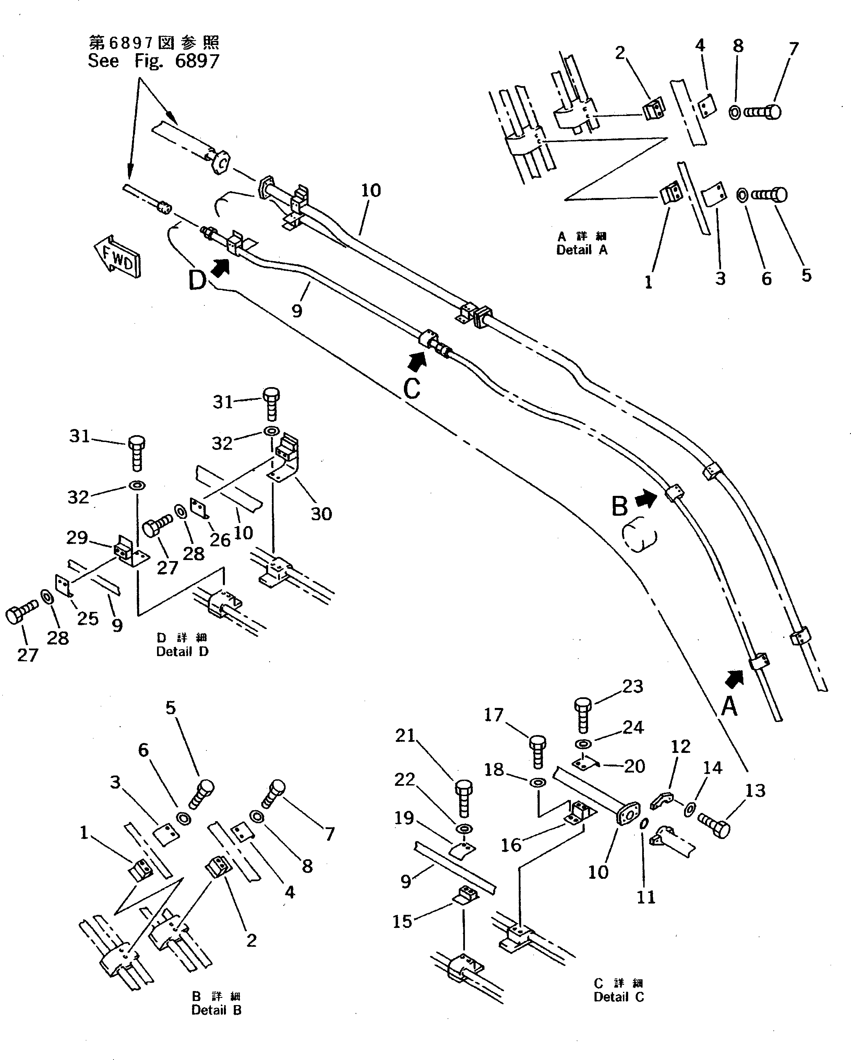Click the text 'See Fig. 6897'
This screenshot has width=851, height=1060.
tap(153, 61)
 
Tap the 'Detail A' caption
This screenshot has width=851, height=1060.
tap(582, 250)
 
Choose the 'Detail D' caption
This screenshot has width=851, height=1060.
tap(182, 651)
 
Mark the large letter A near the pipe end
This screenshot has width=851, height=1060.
tap(729, 707)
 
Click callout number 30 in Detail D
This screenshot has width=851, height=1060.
tap(321, 514)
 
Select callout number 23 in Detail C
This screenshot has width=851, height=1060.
tap(632, 686)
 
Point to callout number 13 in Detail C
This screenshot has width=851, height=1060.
tap(755, 791)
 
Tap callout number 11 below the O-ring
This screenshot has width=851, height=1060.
tap(646, 897)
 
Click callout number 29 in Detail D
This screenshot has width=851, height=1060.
tap(77, 537)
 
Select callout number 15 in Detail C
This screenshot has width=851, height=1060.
tap(402, 921)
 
